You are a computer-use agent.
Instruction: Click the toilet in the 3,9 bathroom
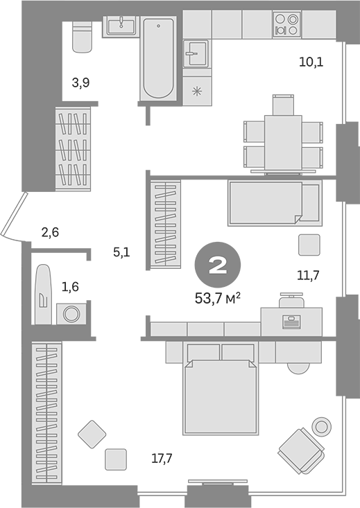[82, 36]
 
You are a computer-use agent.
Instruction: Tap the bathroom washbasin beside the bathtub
[121, 26]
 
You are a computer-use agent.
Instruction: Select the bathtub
[158, 59]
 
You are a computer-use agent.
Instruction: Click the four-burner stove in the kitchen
[286, 24]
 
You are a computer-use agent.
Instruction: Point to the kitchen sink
[195, 53]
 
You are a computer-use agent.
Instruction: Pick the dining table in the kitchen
[284, 143]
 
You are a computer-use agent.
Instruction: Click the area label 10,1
[311, 62]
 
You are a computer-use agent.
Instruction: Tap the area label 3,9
[80, 83]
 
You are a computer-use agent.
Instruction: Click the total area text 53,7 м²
[217, 299]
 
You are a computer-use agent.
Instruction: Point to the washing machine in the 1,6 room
[71, 314]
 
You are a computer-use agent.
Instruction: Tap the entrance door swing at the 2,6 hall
[13, 217]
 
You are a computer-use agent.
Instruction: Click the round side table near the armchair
[322, 427]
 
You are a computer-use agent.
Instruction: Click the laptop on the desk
[291, 322]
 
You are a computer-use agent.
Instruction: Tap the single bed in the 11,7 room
[275, 203]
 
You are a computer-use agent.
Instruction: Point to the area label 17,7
[162, 458]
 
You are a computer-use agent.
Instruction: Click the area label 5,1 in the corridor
[121, 252]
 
